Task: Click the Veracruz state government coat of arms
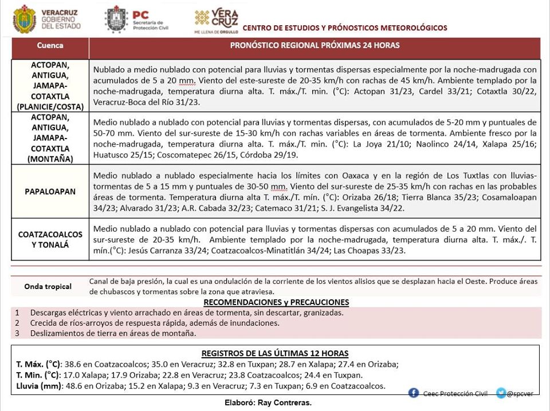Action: (25, 19)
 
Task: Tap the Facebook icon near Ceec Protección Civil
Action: (414, 393)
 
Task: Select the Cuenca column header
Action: (50, 45)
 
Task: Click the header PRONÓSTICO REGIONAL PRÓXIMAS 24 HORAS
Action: (315, 45)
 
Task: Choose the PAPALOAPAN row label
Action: (50, 192)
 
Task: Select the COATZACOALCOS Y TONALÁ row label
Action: (50, 240)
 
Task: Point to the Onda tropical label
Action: (48, 286)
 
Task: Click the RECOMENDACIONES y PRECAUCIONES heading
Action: (276, 302)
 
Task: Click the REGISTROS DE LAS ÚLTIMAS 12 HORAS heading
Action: (275, 353)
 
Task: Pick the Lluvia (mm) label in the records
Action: (39, 386)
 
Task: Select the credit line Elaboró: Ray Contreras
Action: (268, 403)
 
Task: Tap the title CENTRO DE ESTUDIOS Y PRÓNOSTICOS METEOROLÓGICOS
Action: (345, 28)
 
